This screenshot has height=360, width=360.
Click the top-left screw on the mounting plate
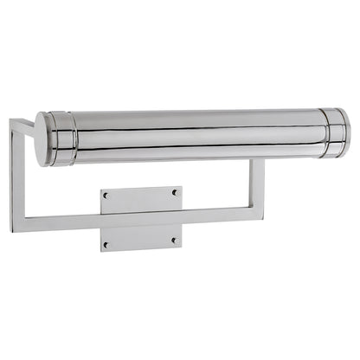click(x=106, y=196)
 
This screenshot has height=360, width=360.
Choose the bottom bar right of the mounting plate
click(x=216, y=210)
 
